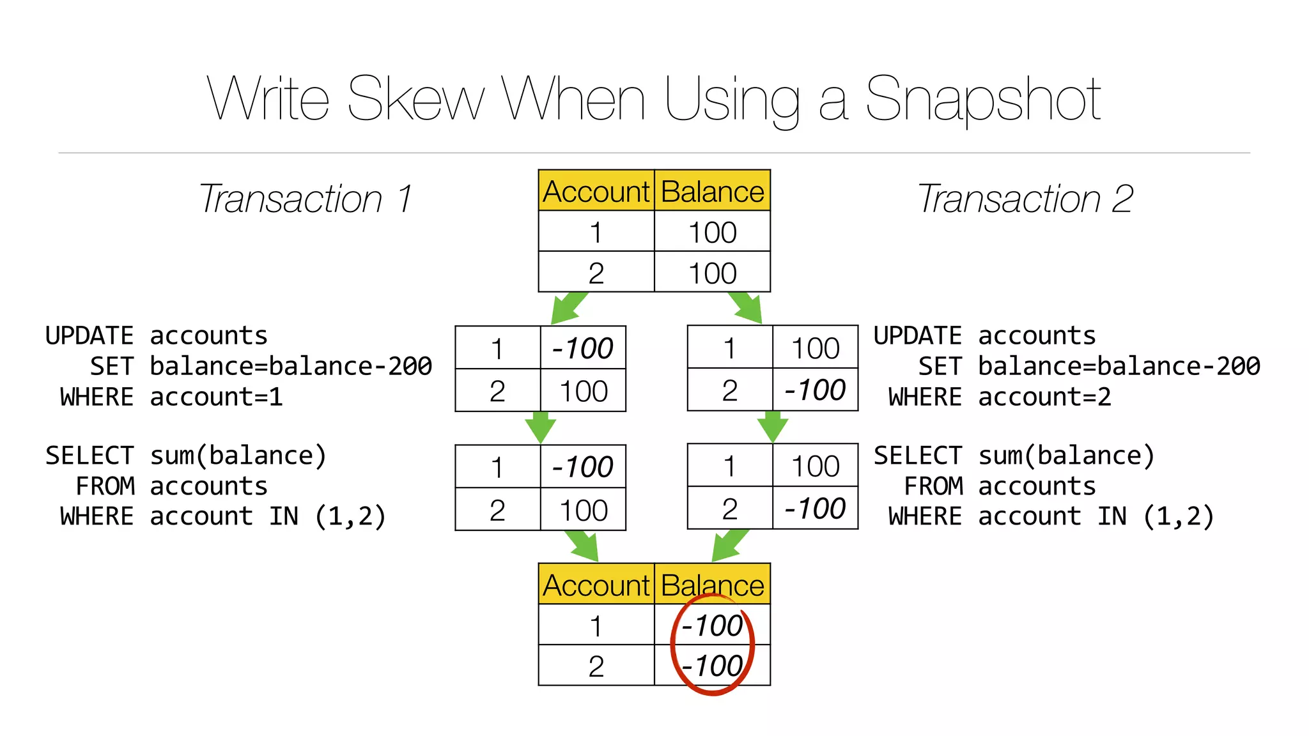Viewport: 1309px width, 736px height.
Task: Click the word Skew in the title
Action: [415, 99]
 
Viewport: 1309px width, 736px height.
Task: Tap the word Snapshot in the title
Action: [982, 99]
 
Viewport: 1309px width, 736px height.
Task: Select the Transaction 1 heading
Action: [306, 199]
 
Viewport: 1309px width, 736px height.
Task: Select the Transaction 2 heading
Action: [1025, 199]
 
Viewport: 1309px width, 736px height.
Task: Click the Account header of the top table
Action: [596, 191]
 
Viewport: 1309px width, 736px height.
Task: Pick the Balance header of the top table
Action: [712, 191]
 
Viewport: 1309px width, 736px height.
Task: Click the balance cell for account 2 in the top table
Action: [712, 273]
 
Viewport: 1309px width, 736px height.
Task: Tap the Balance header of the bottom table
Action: [712, 584]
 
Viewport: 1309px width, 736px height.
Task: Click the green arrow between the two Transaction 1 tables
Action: [540, 427]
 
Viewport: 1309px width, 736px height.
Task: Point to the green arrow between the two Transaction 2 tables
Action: [772, 427]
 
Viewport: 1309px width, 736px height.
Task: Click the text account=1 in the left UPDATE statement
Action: [216, 397]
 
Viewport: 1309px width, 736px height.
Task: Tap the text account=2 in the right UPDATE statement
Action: [1044, 397]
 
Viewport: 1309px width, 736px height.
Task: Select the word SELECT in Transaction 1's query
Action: [89, 456]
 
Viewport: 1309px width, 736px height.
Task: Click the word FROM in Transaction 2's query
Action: [933, 486]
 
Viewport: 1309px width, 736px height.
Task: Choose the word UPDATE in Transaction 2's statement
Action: [917, 336]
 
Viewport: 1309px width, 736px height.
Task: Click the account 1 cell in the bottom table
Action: [596, 625]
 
